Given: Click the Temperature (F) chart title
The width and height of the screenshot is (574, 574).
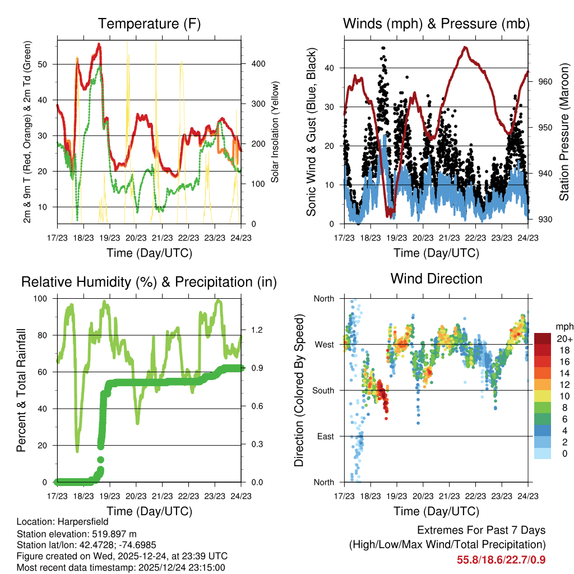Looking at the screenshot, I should point(149,24).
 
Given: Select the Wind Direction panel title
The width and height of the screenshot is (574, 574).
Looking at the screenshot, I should point(436,279).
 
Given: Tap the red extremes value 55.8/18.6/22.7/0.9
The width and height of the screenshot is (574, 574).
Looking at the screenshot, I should point(501,559).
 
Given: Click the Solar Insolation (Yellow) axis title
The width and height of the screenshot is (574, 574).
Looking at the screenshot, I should point(275,130).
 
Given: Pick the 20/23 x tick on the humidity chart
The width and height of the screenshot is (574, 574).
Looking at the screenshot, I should point(136,496).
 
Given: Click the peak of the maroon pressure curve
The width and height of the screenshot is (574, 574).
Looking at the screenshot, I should point(465,47).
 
